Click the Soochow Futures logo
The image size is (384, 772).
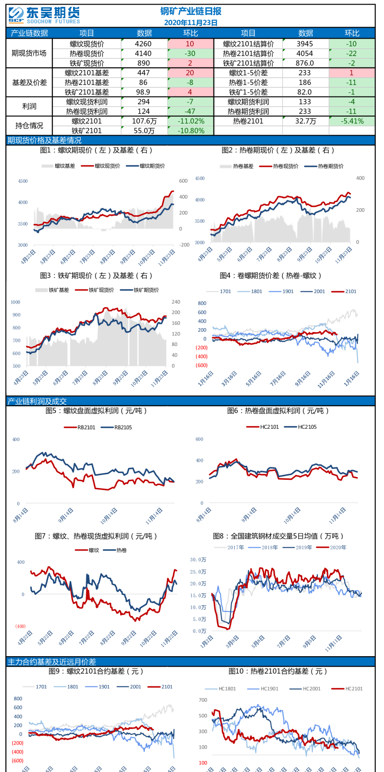tap(44, 15)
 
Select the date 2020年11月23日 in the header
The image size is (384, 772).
tap(191, 23)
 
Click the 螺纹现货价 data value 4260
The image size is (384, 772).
tap(143, 44)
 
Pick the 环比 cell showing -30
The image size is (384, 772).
tap(190, 53)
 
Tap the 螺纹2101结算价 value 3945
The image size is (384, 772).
tap(305, 44)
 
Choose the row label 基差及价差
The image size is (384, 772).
tap(29, 82)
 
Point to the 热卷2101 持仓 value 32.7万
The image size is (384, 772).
tap(305, 121)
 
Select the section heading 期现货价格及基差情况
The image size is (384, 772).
tap(45, 140)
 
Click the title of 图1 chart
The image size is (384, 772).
tap(96, 150)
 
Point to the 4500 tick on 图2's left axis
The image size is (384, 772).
tap(200, 178)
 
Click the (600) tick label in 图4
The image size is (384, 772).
tap(202, 365)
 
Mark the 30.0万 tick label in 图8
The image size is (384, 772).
tap(198, 560)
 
